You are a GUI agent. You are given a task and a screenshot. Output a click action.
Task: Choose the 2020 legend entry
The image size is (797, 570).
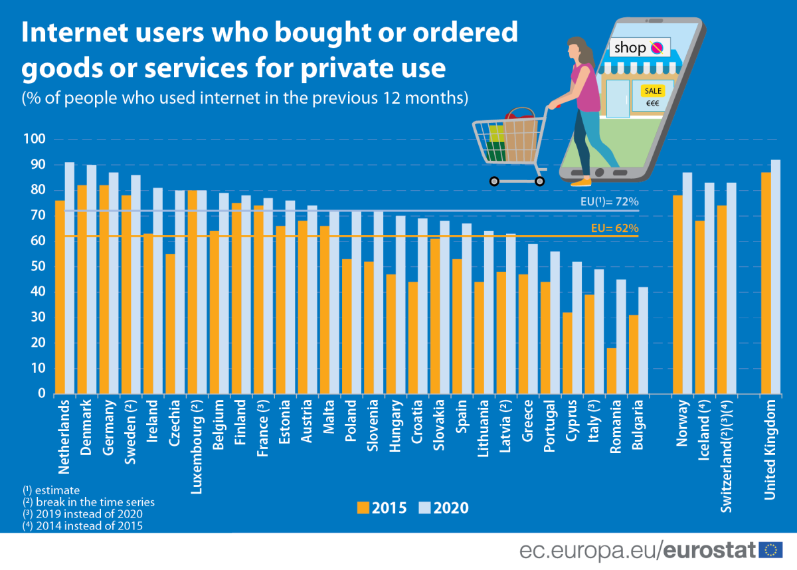[x=444, y=508]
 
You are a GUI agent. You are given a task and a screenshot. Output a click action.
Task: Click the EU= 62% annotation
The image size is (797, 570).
[x=614, y=228]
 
